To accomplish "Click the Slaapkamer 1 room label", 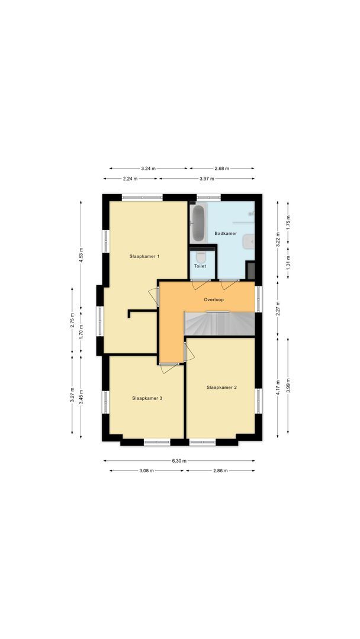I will click(145, 256).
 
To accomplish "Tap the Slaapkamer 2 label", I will click(221, 388).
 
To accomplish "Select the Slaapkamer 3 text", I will click(147, 398).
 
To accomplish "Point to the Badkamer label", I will click(226, 234).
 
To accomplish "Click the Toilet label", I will click(200, 266).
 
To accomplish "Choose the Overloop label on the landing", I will click(214, 299).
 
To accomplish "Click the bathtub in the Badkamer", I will click(197, 223).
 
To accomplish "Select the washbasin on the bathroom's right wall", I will click(252, 241).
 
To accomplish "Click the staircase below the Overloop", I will click(219, 324).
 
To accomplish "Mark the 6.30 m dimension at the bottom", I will click(179, 460).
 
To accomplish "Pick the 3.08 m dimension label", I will click(147, 471).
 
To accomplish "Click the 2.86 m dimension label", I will click(220, 471).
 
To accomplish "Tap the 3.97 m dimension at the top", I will click(207, 178).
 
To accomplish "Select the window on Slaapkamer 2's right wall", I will click(258, 399).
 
